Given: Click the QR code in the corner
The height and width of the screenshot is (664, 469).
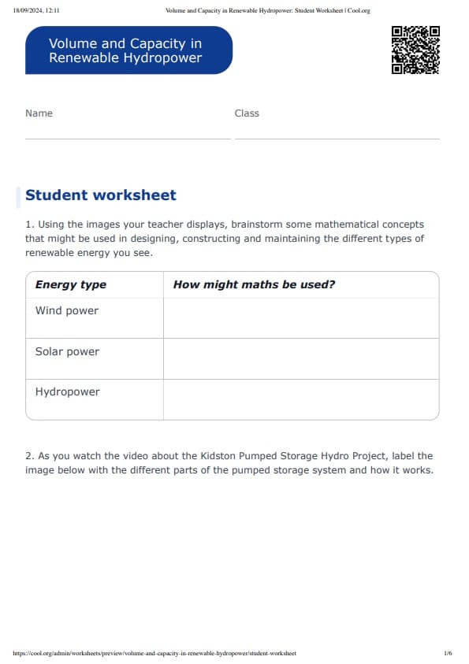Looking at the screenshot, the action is pos(415,50).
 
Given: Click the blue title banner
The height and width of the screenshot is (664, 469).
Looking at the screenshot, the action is pos(128,50).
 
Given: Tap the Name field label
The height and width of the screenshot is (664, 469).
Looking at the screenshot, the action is pos(39,113).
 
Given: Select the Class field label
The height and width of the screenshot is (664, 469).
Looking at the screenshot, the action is pos(247,113).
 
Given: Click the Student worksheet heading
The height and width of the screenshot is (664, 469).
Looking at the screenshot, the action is pos(101,195).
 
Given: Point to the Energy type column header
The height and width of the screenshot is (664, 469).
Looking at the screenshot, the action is pos(71,285).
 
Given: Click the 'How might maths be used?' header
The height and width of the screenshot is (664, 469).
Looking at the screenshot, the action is pos(254,285).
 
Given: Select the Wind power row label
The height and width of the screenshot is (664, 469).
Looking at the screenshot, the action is pos(67,311).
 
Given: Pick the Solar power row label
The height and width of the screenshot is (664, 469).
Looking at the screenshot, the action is pos(67,352).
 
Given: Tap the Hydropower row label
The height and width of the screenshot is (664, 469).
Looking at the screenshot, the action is pos(68,392).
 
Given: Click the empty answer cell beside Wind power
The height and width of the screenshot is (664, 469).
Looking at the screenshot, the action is pos(300,318).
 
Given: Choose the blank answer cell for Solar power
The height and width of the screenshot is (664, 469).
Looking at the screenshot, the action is pos(300,359).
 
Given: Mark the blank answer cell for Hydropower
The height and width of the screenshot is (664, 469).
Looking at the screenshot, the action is pos(300,399).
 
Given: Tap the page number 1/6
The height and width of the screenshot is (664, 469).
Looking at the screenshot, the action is pos(448,653).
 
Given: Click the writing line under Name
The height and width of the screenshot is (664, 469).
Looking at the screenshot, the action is pos(128,138).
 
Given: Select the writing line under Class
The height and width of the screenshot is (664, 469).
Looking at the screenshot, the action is pos(337,138).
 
